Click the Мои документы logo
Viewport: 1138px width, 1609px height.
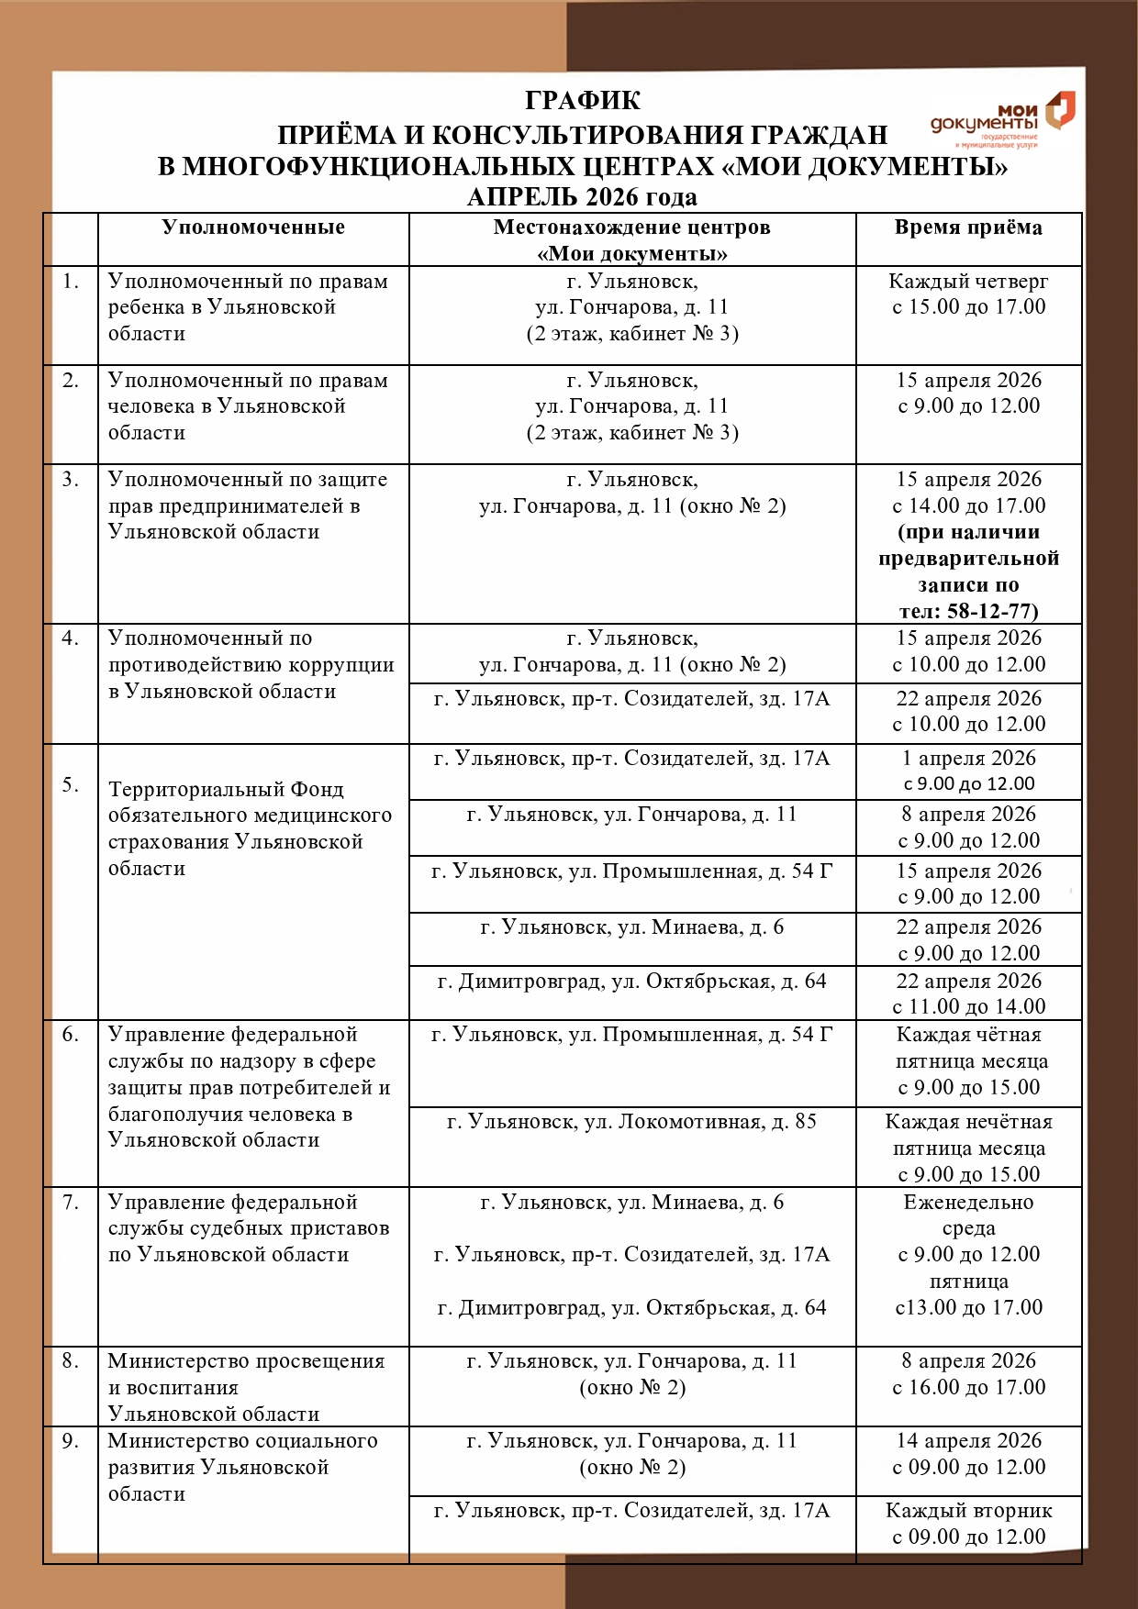pos(1002,121)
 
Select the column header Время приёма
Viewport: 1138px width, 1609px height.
pos(968,227)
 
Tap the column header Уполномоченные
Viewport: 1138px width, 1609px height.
pos(253,227)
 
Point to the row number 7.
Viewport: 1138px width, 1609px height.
pos(71,1202)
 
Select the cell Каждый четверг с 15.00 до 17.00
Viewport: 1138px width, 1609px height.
pos(968,294)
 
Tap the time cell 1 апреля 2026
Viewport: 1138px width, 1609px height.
pos(968,759)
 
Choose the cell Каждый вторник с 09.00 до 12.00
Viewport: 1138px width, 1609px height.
pos(968,1523)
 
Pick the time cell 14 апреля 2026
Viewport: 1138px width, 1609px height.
pos(968,1441)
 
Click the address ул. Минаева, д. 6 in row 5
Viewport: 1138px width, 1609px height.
pos(631,927)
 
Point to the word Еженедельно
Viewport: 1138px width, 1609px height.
pos(968,1202)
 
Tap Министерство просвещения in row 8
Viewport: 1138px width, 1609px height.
pos(246,1361)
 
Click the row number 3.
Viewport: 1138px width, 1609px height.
pos(71,479)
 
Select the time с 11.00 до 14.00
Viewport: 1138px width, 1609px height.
pos(968,1006)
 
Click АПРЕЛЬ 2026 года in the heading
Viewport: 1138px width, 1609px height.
pos(582,196)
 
